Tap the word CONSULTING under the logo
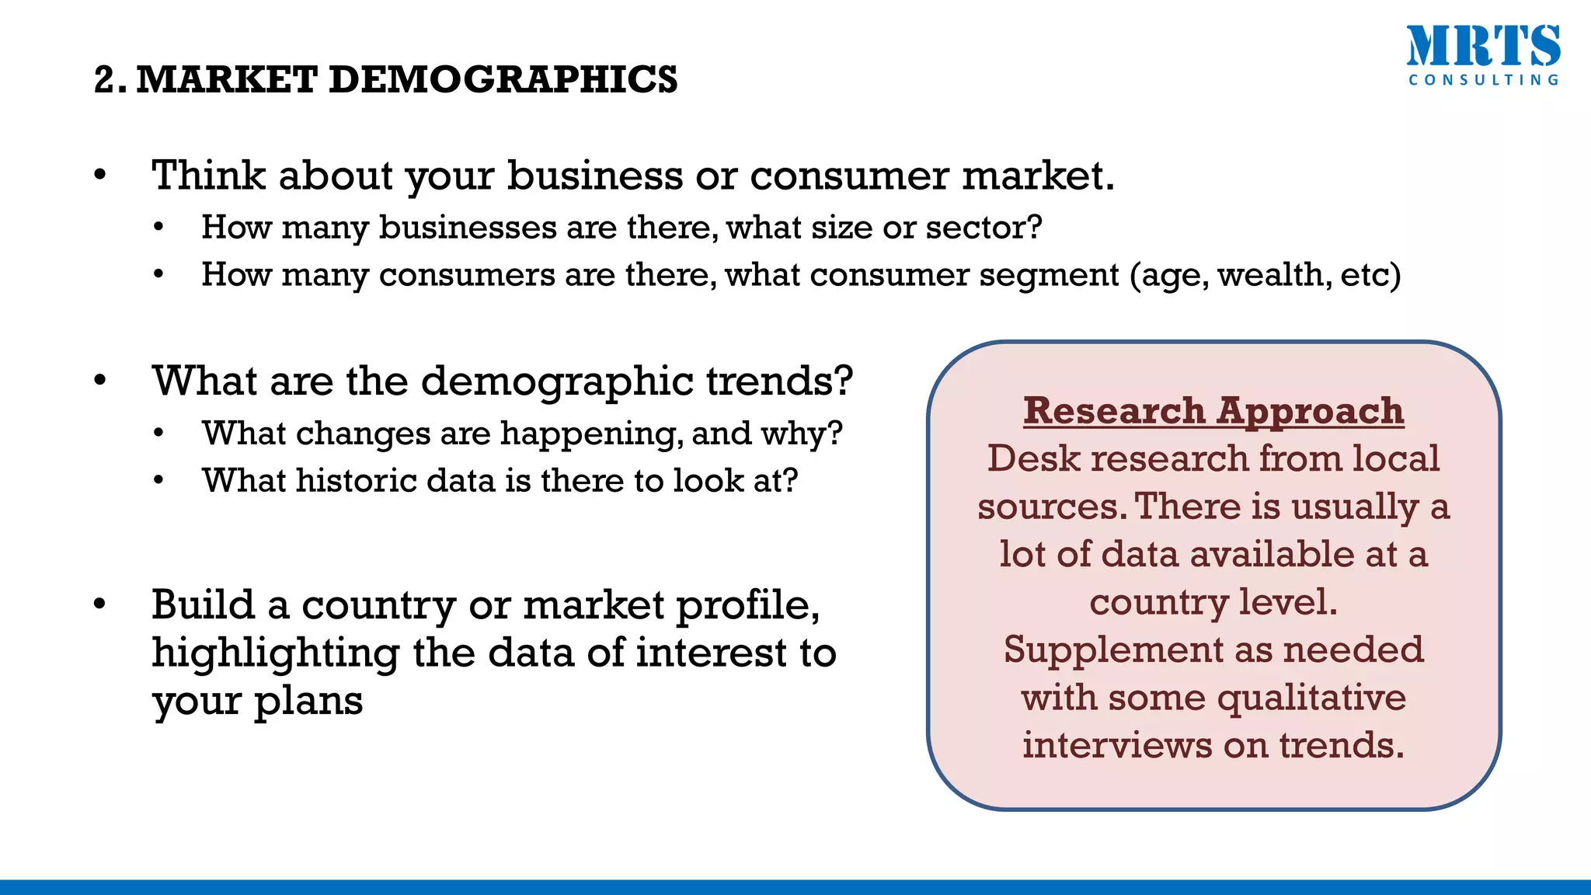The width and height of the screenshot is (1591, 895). coord(1483,80)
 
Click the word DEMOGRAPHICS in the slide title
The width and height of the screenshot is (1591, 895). coord(503,79)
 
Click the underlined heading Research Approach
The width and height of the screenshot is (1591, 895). coord(1213,410)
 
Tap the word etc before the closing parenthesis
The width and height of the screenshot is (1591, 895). coord(1366,275)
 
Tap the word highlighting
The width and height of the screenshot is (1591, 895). coord(275,653)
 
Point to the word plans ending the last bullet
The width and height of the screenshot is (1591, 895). coord(308,702)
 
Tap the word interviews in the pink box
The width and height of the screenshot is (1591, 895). coord(1117,745)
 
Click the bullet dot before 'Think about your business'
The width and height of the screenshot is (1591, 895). coord(99,176)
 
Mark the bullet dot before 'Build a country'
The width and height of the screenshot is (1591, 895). coord(99,604)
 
